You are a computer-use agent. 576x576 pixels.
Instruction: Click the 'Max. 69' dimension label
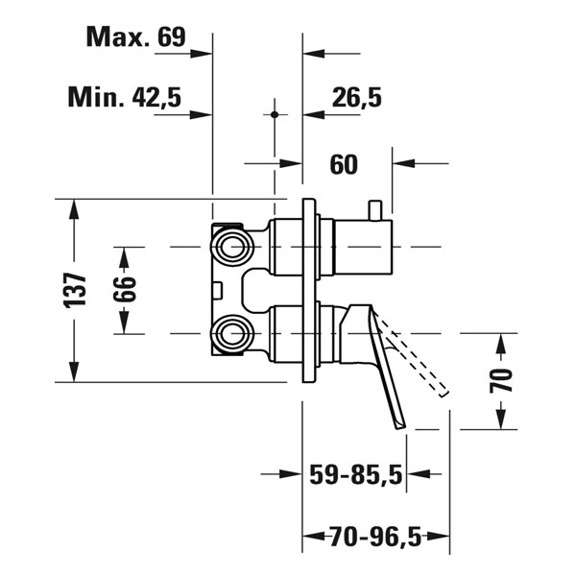coord(136,36)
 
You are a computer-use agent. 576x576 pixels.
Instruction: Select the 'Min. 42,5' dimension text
coord(125,97)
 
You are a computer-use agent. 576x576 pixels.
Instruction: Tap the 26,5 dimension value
coord(357,98)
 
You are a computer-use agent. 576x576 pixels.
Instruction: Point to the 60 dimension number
coord(344,164)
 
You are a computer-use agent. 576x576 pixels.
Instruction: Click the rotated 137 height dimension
coord(75,290)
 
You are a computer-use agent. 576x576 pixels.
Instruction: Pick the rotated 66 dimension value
coord(124,290)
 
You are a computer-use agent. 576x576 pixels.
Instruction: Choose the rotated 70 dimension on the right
coord(501,380)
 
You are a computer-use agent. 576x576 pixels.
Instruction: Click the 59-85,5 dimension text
coord(356,474)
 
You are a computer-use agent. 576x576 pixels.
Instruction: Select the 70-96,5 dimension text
coord(375,537)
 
